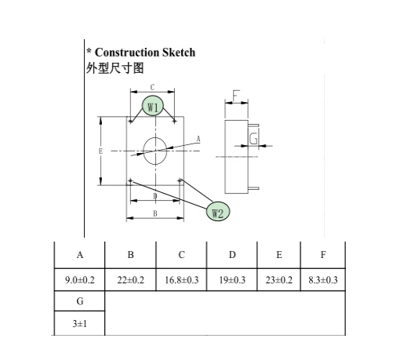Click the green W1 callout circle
152,106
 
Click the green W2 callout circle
218,212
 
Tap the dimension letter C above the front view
152,87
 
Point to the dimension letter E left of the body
100,151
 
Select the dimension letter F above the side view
236,96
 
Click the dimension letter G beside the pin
253,139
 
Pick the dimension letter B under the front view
155,213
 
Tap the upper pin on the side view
253,125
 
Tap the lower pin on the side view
253,188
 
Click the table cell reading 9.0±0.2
80,280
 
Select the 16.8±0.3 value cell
181,280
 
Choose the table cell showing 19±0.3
232,280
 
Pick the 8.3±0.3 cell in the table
323,280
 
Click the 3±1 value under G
80,324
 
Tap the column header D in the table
232,255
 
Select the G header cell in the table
80,301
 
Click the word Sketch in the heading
179,53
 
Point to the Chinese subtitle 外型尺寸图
115,68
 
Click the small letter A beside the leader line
198,139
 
